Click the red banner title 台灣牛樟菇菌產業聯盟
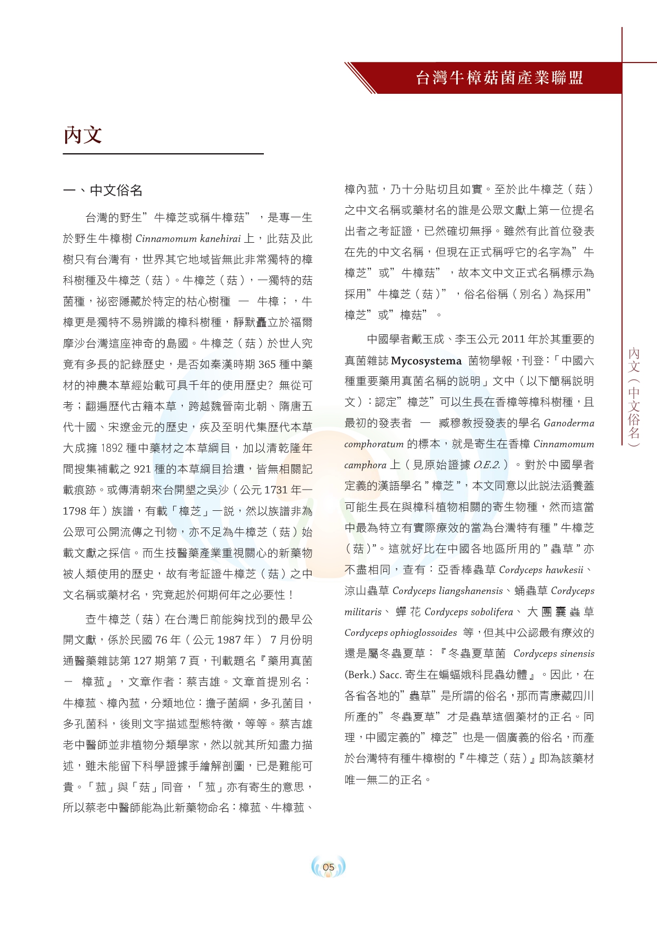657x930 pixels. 499,78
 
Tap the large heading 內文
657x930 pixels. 83,135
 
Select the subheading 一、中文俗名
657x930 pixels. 103,191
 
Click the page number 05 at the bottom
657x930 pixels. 328,867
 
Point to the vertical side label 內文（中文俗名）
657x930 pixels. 634,397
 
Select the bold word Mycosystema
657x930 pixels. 427,361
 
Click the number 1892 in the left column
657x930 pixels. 112,448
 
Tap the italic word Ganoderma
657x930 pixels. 569,423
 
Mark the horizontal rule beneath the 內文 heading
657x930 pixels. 163,154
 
